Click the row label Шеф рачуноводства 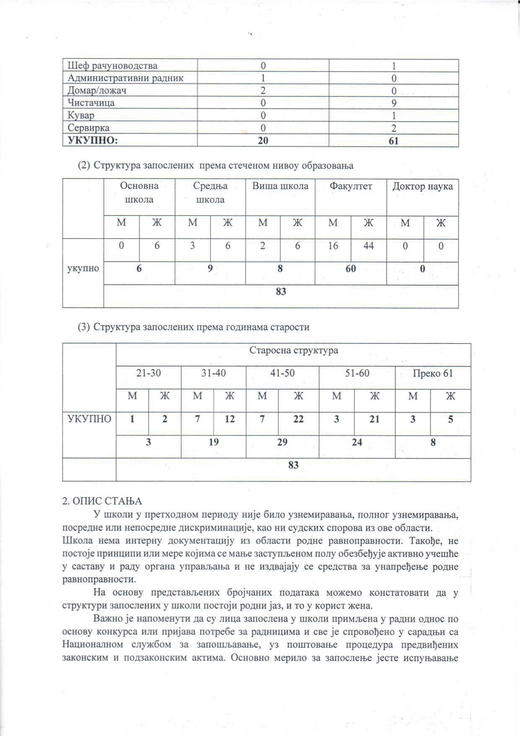pyautogui.click(x=112, y=66)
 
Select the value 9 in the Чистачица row pyautogui.click(x=394, y=103)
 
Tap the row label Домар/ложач pyautogui.click(x=97, y=91)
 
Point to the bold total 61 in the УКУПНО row pyautogui.click(x=393, y=140)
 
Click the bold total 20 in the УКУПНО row pyautogui.click(x=263, y=140)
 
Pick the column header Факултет pyautogui.click(x=351, y=186)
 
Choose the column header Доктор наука pyautogui.click(x=422, y=186)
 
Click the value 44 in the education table pyautogui.click(x=368, y=246)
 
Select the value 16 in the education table pyautogui.click(x=333, y=246)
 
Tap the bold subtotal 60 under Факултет pyautogui.click(x=351, y=268)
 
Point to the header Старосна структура pyautogui.click(x=294, y=350)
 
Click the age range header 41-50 pyautogui.click(x=283, y=373)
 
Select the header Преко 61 pyautogui.click(x=433, y=373)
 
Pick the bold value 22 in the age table pyautogui.click(x=298, y=419)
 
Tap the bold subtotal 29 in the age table pyautogui.click(x=282, y=442)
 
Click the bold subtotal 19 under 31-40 pyautogui.click(x=213, y=442)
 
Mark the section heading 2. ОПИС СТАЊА pyautogui.click(x=102, y=501)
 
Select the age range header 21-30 pyautogui.click(x=148, y=373)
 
